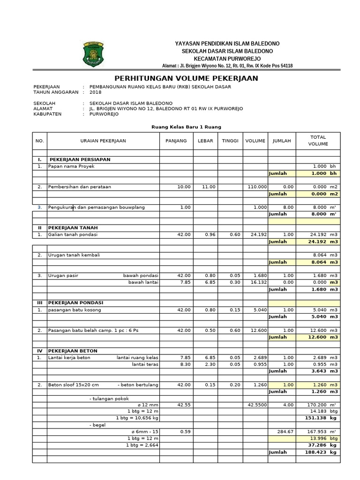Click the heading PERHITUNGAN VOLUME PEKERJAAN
186,78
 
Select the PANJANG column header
176,141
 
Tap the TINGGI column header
230,141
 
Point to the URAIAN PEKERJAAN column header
103,141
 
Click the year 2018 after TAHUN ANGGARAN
95,92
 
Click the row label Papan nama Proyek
68,166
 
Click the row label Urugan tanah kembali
74,255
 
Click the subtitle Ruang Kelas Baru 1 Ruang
186,127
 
